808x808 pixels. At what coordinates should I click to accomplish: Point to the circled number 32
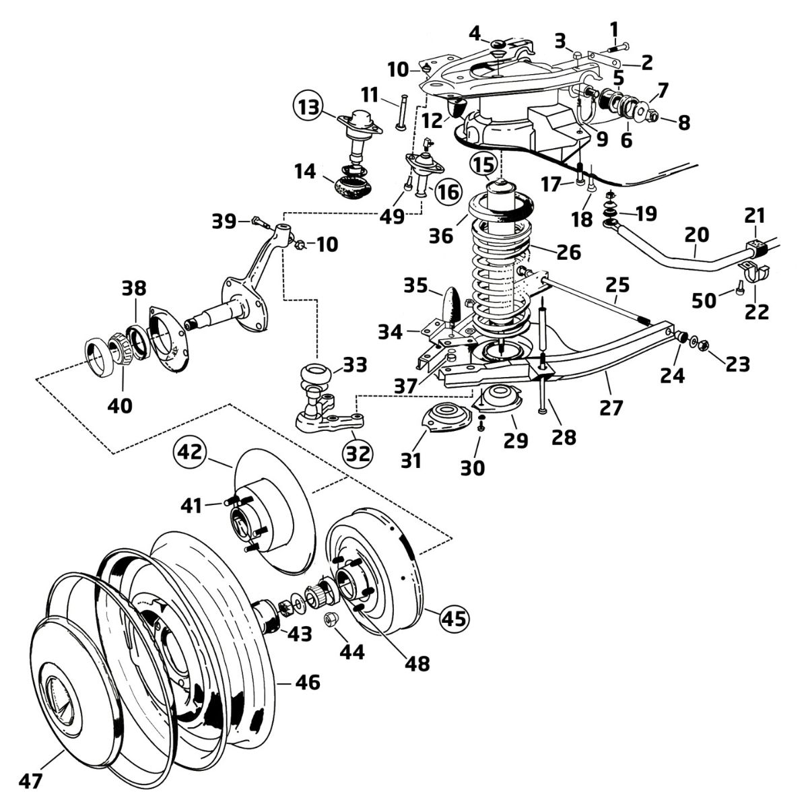[x=358, y=454]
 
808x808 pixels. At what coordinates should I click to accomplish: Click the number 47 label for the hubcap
[x=30, y=781]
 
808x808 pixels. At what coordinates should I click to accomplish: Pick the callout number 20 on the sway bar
[x=696, y=234]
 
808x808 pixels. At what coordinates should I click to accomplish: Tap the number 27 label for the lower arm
[x=611, y=407]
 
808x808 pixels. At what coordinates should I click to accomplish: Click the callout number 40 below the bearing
[x=120, y=405]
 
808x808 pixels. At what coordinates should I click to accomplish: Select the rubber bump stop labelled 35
[x=453, y=304]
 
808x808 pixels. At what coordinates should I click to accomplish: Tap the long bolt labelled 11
[x=401, y=113]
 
